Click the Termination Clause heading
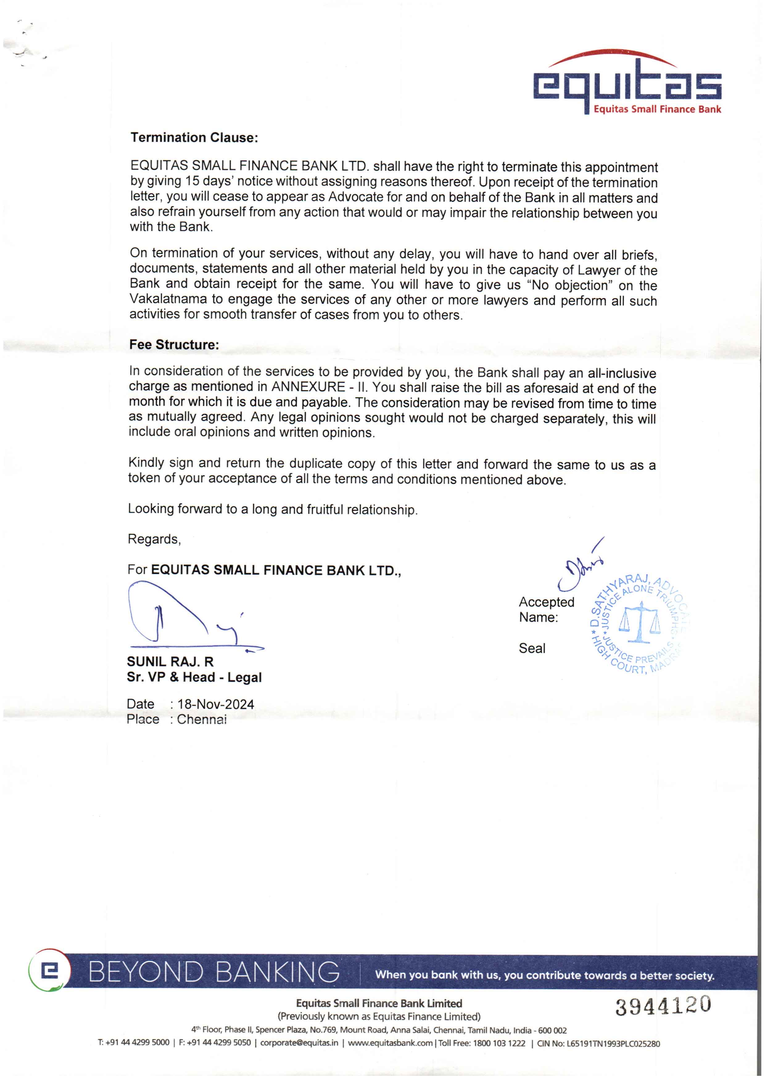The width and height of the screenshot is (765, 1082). click(x=194, y=138)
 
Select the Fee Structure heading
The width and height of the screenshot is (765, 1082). click(x=174, y=345)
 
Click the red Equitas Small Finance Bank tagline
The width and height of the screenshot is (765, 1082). click(x=657, y=109)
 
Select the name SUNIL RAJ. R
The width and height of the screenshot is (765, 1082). click(x=170, y=662)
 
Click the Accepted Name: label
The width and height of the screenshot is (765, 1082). click(x=546, y=609)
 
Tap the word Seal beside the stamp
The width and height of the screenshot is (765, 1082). click(x=532, y=648)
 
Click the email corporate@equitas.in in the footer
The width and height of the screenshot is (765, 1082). click(x=299, y=1043)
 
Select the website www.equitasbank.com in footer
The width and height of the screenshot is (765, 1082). click(x=390, y=1043)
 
